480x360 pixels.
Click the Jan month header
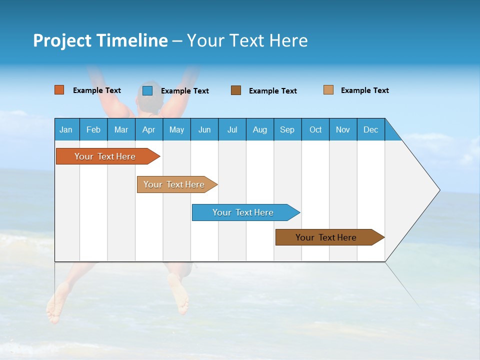click(x=66, y=129)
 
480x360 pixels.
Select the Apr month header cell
click(x=148, y=129)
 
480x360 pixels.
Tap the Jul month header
click(x=232, y=129)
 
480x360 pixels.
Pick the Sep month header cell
click(x=287, y=129)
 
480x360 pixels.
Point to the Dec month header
click(x=370, y=129)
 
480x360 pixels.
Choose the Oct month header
click(x=315, y=129)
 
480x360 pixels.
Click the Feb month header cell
click(x=93, y=129)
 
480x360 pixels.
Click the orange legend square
click(x=59, y=90)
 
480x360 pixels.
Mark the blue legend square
click(x=147, y=90)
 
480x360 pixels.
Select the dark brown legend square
click(x=236, y=90)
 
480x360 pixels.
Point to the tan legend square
click(x=328, y=90)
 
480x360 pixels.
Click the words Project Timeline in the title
click(x=100, y=40)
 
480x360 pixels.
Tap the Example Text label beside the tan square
click(x=364, y=90)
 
